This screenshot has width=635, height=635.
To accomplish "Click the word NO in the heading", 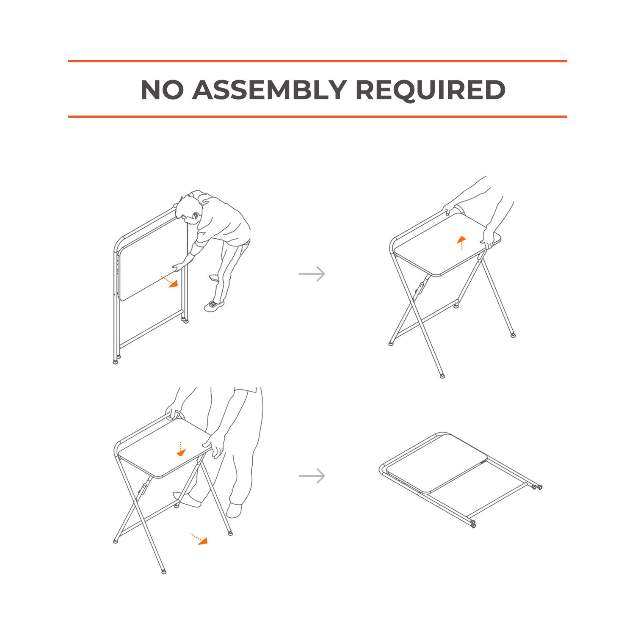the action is coord(162,89).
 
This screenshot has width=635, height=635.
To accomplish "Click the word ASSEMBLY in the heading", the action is coord(270,89).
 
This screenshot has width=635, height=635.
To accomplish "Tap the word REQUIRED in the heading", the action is coord(431,90).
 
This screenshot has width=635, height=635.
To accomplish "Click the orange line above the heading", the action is coord(317,61).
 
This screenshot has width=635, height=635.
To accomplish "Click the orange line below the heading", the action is coord(317,116).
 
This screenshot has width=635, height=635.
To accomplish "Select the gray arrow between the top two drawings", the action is coord(312,274).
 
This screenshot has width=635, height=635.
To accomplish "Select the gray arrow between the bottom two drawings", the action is coord(312,476).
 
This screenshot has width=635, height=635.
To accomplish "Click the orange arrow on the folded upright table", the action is coord(169,282).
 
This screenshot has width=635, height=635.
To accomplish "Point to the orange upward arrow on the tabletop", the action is coord(461,243).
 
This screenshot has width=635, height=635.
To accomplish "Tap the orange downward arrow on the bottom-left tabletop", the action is coord(181,449).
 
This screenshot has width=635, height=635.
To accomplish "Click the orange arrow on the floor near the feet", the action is coord(199,539).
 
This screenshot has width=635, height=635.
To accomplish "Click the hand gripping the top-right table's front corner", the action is coord(488,237).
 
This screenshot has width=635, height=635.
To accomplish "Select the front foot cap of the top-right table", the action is coord(442,375).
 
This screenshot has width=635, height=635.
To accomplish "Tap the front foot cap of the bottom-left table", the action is coord(164,571).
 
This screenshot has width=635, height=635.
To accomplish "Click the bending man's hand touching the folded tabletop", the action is coord(179,267).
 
